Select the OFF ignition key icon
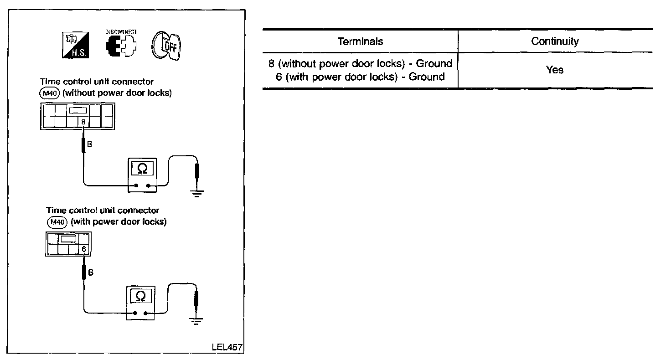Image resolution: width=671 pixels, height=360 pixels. (x=167, y=46)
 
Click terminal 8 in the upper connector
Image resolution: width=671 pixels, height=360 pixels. (x=83, y=122)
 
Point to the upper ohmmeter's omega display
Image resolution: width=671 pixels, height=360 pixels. (x=142, y=169)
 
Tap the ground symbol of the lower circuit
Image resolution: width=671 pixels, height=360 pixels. (x=196, y=321)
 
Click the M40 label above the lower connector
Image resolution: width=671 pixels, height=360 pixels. (x=57, y=223)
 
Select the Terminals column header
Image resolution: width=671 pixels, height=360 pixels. (x=360, y=41)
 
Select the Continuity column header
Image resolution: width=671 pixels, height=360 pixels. (x=555, y=41)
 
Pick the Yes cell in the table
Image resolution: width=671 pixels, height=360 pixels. (x=555, y=70)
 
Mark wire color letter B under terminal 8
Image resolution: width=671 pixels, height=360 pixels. (x=89, y=145)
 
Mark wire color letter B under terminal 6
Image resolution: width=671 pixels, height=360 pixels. (x=90, y=273)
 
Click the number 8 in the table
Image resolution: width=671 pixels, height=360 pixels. (x=272, y=64)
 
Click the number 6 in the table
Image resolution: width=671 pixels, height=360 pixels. (x=279, y=77)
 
